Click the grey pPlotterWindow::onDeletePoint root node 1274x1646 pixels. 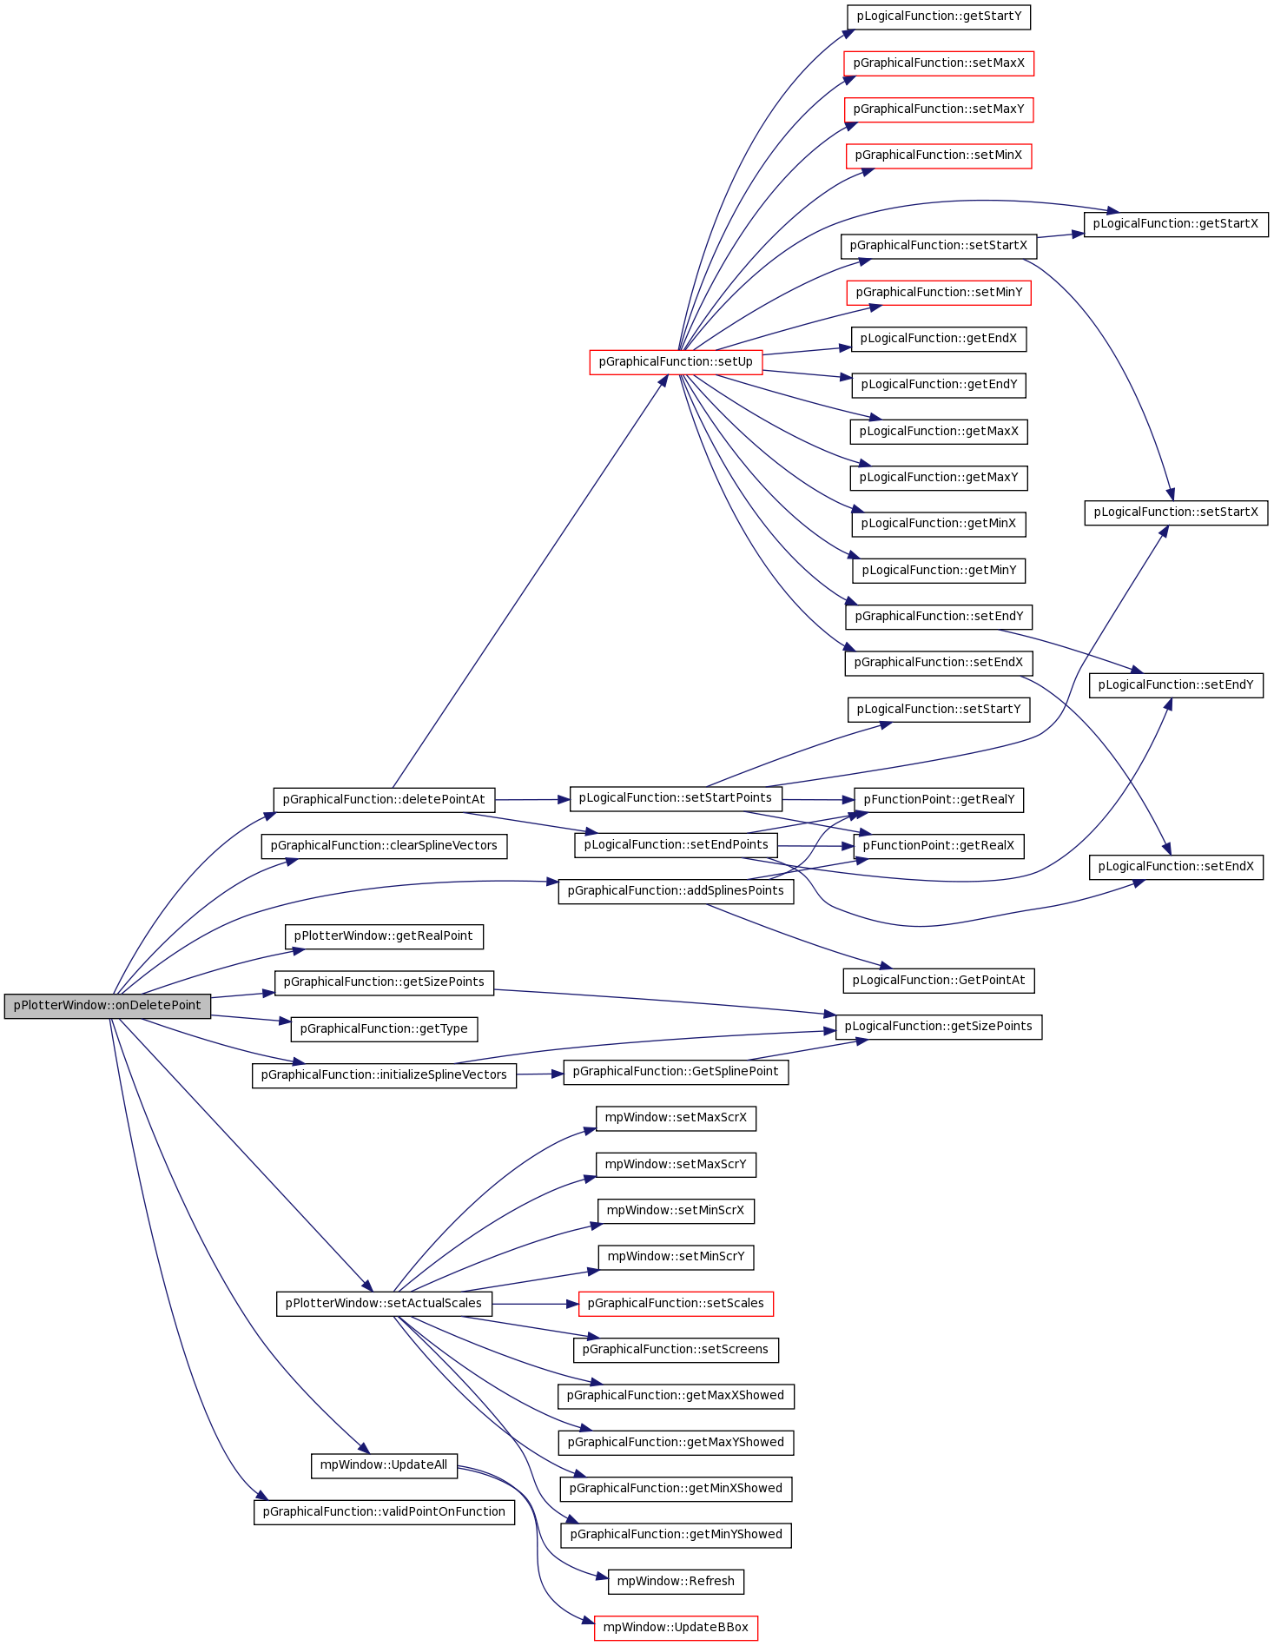[108, 1006]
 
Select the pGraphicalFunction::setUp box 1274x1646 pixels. [676, 362]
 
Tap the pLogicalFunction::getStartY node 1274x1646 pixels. [939, 17]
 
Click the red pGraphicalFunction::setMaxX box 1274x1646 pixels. [939, 63]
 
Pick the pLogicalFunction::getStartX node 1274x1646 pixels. [1176, 224]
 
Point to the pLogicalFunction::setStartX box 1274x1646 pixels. [1176, 512]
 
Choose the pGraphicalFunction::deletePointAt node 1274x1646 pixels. [384, 800]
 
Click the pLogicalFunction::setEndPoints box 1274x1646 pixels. [676, 845]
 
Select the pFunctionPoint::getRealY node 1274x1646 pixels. [939, 800]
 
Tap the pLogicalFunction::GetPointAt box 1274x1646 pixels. [939, 981]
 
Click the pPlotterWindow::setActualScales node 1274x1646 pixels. [384, 1304]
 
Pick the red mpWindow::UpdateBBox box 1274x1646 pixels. [676, 1628]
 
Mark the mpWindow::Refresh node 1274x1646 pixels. [676, 1582]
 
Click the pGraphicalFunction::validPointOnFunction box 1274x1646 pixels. [384, 1512]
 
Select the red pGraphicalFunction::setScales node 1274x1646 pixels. [676, 1304]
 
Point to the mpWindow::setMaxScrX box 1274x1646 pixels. [676, 1118]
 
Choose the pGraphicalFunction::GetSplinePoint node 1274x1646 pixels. [676, 1072]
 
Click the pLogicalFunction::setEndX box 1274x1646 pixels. [1176, 867]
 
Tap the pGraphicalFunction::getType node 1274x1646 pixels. [384, 1029]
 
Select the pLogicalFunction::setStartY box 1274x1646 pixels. [939, 710]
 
